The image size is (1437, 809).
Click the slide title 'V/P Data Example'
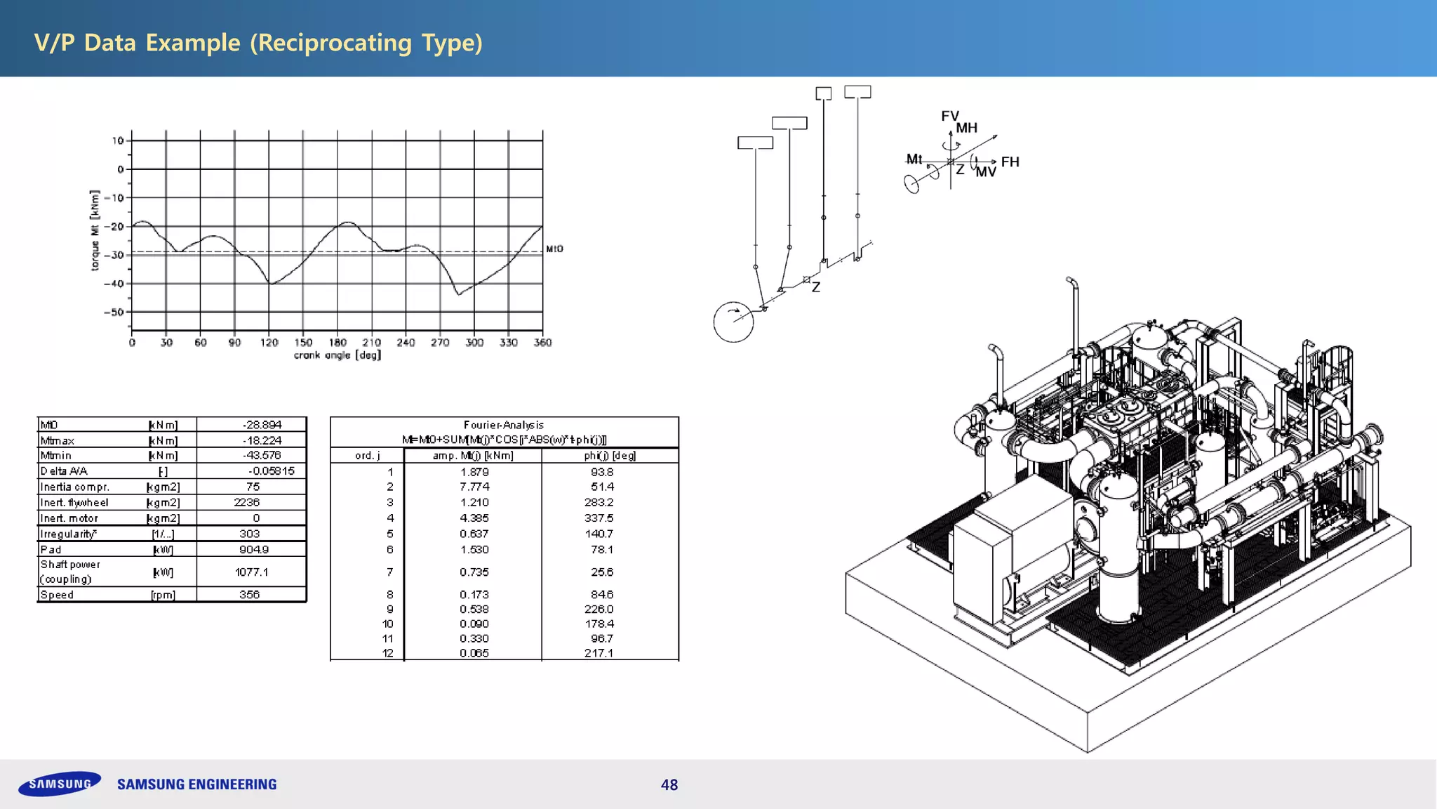tap(258, 43)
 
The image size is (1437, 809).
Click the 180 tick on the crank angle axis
tap(337, 343)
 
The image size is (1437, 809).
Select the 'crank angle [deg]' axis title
tap(337, 355)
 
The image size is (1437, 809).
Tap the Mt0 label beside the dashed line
tap(554, 249)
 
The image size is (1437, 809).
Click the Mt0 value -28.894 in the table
tap(262, 425)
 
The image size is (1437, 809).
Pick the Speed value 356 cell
tap(249, 595)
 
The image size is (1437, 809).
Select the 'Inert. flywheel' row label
tap(74, 503)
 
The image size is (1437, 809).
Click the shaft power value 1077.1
tap(251, 572)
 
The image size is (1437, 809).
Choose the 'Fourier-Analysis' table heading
tap(504, 425)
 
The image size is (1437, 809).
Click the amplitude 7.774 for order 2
tap(474, 487)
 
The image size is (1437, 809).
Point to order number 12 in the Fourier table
tap(387, 653)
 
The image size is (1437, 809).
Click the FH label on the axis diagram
tap(1010, 162)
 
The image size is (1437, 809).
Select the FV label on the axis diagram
tap(949, 116)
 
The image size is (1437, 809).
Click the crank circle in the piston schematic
tap(733, 322)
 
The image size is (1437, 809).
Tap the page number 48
tap(669, 785)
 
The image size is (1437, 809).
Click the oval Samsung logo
tap(60, 784)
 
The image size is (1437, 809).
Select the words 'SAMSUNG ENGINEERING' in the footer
tap(197, 784)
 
